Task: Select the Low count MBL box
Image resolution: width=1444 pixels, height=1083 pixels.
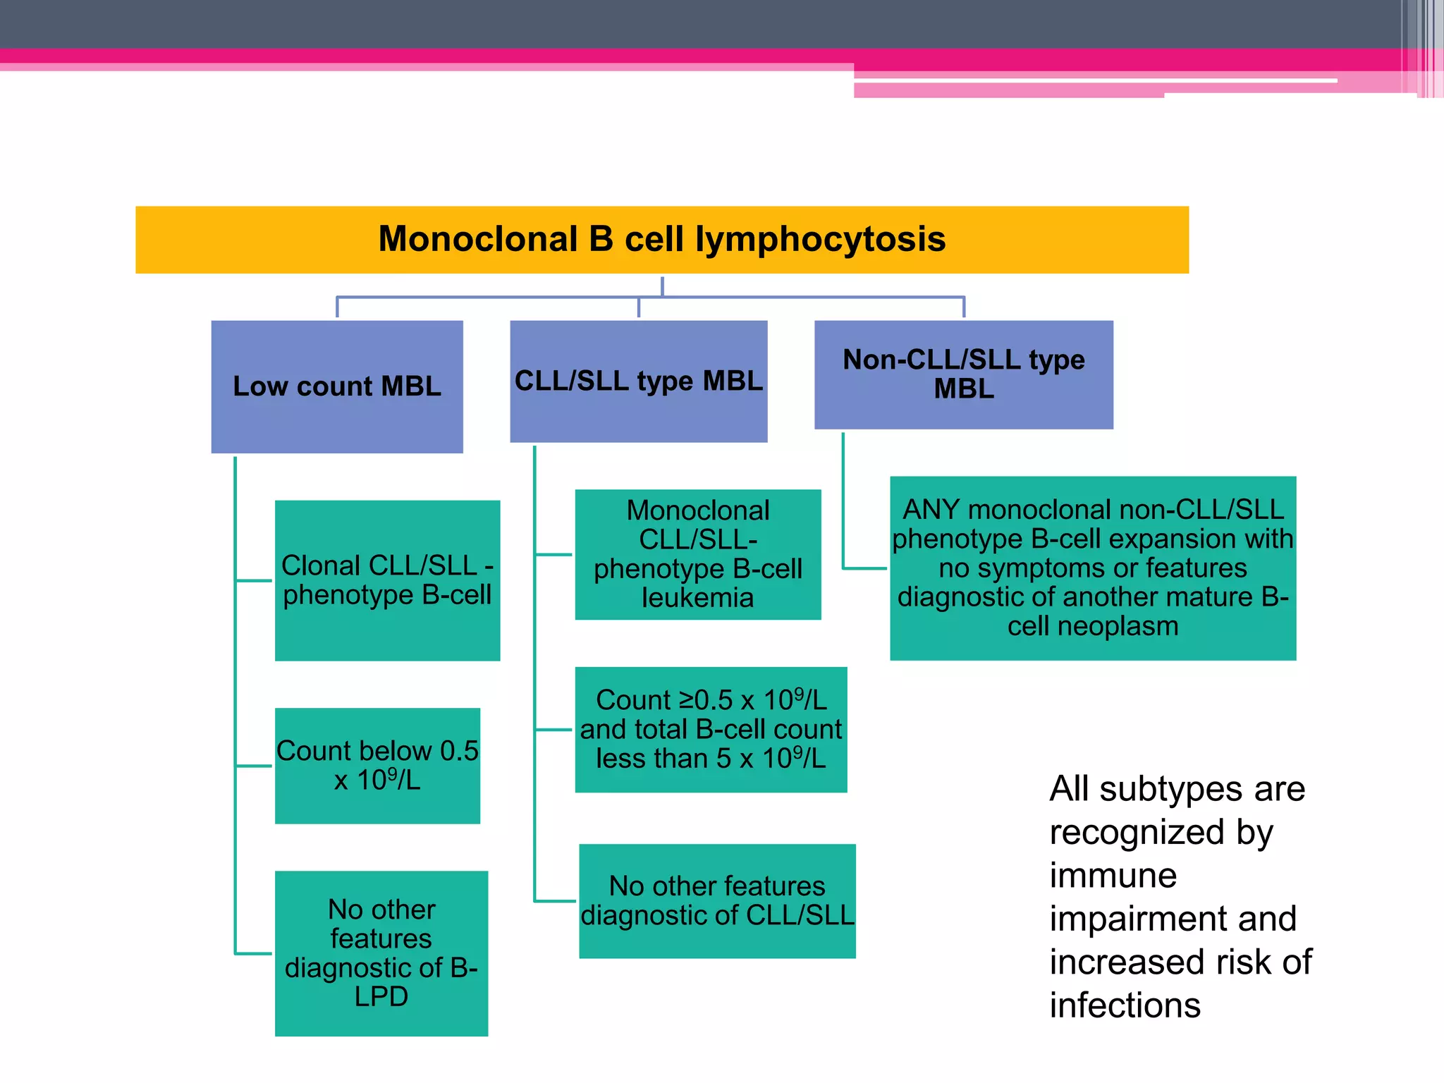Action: point(337,386)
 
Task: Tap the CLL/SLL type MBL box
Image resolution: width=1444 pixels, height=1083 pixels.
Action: point(638,381)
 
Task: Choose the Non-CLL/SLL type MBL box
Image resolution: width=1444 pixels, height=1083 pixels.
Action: point(963,374)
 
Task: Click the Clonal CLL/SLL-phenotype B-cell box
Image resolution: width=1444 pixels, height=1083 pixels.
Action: point(387,580)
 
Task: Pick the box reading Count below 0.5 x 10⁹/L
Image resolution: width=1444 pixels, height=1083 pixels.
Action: point(377,766)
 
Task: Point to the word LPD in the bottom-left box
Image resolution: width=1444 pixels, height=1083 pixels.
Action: point(381,996)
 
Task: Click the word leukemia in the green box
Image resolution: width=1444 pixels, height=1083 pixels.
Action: point(697,598)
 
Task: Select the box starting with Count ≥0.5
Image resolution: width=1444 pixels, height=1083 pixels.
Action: point(711,729)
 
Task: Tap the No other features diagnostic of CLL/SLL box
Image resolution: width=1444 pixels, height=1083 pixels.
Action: point(717,900)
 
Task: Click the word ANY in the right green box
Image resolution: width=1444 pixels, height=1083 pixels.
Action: point(931,510)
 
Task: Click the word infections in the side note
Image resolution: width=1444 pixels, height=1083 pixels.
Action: point(1125,1005)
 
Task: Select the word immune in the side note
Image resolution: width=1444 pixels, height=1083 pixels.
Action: point(1113,876)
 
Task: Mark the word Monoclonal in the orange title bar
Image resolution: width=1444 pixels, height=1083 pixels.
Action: point(477,239)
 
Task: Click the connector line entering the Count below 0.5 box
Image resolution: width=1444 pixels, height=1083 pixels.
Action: point(254,766)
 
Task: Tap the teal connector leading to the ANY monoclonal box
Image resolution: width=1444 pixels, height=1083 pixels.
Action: point(864,568)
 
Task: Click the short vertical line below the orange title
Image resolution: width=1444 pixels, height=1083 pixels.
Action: point(662,286)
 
